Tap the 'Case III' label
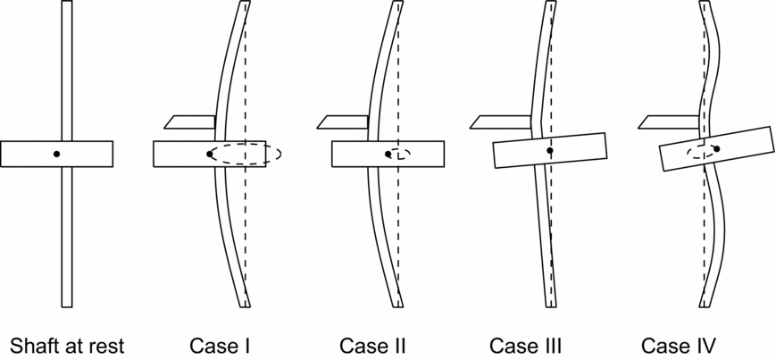pos(525,345)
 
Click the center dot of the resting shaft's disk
pos(56,154)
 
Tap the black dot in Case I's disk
pos(210,154)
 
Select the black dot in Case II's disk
pos(388,154)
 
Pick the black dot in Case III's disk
pos(550,151)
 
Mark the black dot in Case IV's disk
pos(716,148)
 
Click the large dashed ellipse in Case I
pos(280,154)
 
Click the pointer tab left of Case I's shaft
pos(190,121)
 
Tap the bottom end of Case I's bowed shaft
pos(246,304)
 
